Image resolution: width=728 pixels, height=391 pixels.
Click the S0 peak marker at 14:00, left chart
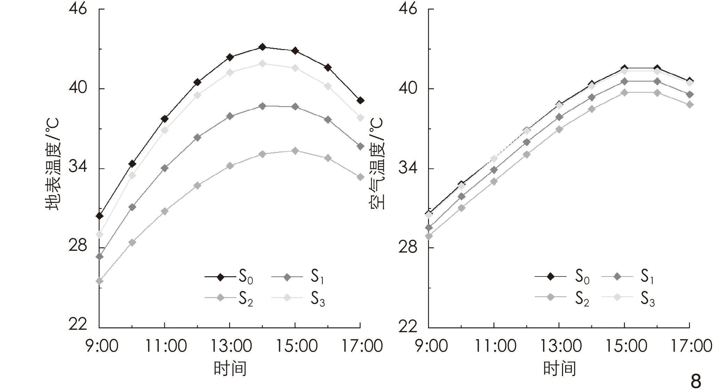pos(262,47)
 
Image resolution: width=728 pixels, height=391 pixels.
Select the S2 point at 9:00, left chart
pos(100,281)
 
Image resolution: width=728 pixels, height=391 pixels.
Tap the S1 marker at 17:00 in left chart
pos(361,146)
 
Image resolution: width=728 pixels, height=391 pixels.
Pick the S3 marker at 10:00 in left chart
pos(132,175)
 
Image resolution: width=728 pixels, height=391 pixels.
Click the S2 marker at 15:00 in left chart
pos(295,151)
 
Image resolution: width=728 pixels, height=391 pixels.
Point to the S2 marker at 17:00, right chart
pos(690,104)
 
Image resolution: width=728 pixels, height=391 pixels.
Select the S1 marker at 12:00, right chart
pos(527,142)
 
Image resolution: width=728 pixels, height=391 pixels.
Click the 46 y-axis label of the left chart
pos(77,9)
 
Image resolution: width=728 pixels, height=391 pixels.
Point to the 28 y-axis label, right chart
pos(407,247)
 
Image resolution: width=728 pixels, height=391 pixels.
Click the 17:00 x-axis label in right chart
pos(691,346)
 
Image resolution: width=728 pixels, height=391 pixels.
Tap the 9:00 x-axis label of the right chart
pos(432,346)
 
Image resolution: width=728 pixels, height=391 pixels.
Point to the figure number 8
pos(695,381)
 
